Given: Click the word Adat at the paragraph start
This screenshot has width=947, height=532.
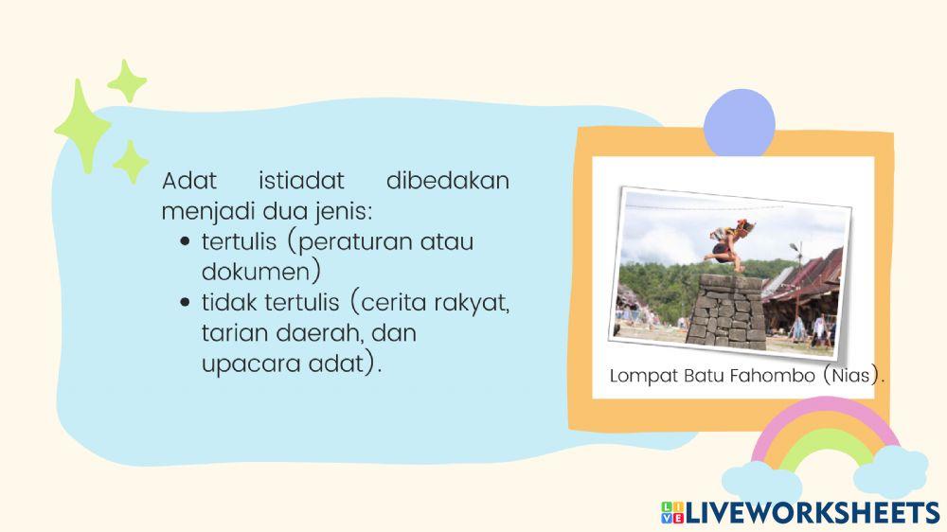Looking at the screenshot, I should pos(189,180).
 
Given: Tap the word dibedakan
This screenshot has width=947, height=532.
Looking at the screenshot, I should pos(447,180).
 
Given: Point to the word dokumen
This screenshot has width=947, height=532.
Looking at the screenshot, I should pos(257,272).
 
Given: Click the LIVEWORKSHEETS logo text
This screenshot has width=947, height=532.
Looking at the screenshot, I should pos(810,512).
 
